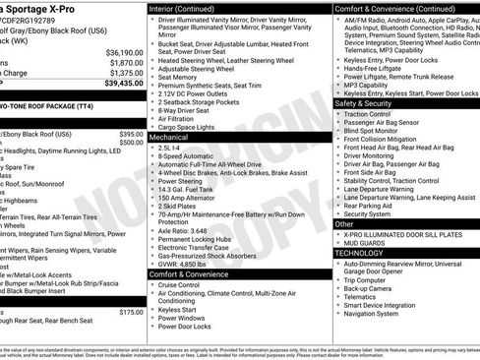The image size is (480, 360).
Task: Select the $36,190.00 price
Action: pyautogui.click(x=124, y=52)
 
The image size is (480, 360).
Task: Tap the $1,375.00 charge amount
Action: pyautogui.click(x=125, y=73)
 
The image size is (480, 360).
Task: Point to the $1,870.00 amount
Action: pyautogui.click(x=125, y=62)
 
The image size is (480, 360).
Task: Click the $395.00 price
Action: pyautogui.click(x=131, y=134)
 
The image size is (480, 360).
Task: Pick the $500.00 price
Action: pyautogui.click(x=131, y=143)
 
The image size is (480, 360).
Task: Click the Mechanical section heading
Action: pyautogui.click(x=170, y=139)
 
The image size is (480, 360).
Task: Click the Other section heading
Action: pyautogui.click(x=346, y=222)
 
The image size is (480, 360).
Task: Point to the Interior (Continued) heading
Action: pyautogui.click(x=189, y=7)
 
